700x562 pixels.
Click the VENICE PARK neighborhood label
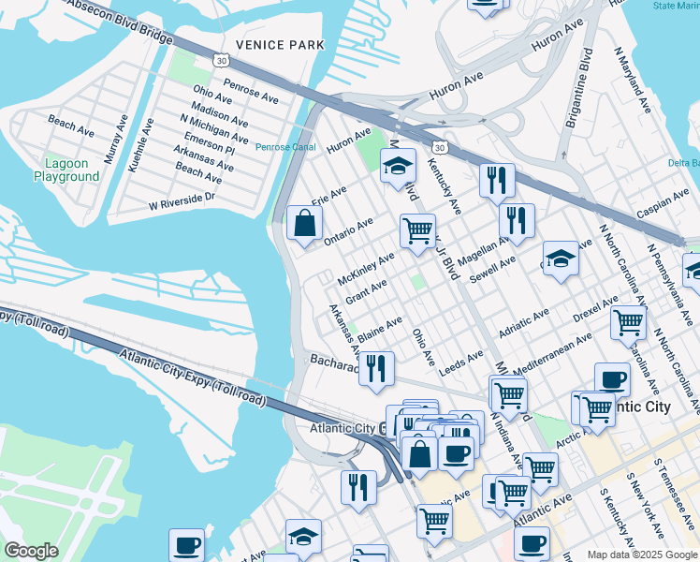280,44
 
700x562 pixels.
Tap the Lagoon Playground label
66,170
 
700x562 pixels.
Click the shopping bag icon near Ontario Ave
304,224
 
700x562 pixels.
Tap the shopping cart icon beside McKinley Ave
417,229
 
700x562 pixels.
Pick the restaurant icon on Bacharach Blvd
376,367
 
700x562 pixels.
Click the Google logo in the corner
31,551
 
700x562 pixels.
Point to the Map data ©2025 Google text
642,555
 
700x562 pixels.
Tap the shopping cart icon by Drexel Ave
628,322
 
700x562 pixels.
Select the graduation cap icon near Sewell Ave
561,259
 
